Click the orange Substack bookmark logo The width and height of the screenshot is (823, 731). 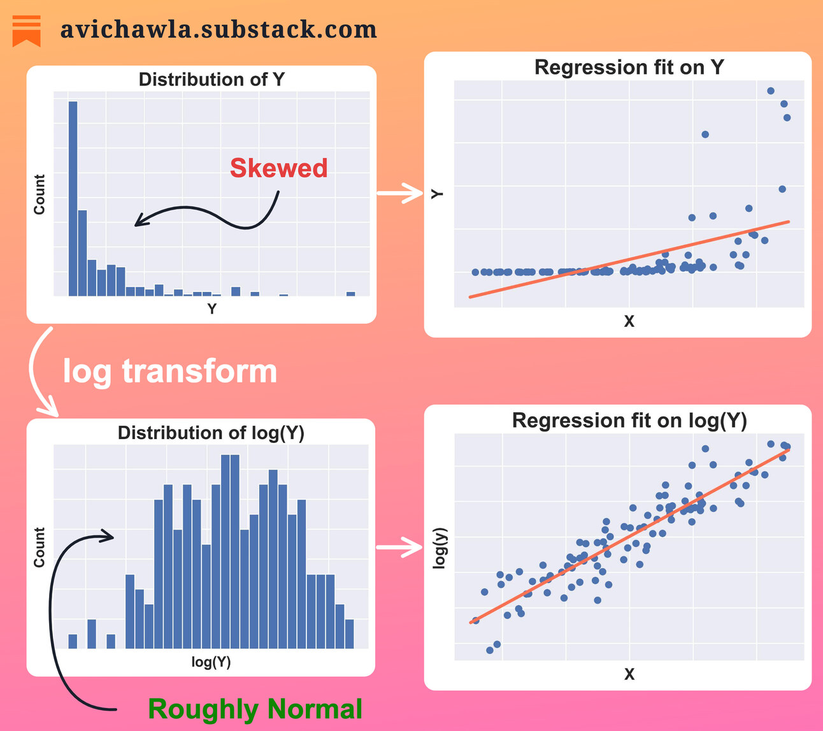tap(27, 31)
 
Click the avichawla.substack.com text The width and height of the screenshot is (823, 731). tap(218, 29)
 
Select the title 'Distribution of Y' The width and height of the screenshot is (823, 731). tap(211, 80)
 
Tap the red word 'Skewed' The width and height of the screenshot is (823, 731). tap(278, 168)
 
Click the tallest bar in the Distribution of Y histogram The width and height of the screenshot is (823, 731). tap(73, 198)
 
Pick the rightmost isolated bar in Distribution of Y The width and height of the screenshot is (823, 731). tap(350, 293)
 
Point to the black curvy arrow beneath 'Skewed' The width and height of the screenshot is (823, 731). tap(210, 214)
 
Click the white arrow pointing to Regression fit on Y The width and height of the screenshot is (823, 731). tap(400, 192)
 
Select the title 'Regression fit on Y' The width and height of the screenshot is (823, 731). tap(629, 68)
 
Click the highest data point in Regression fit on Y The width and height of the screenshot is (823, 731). tap(771, 91)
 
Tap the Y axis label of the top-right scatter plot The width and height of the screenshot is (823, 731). tap(437, 194)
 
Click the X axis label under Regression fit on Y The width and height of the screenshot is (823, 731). tap(629, 322)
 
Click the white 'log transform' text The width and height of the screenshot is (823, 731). tap(170, 371)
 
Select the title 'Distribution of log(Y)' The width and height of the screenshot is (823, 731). tap(211, 433)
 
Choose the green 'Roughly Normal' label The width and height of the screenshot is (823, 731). tap(255, 709)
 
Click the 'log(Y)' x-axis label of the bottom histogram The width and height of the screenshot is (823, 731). tap(211, 662)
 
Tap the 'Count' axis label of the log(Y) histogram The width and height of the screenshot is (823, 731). tap(39, 547)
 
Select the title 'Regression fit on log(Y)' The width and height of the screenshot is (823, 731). tap(629, 421)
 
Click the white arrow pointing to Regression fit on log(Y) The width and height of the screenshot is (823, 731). tap(400, 546)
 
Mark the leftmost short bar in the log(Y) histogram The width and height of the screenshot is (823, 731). tap(73, 641)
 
